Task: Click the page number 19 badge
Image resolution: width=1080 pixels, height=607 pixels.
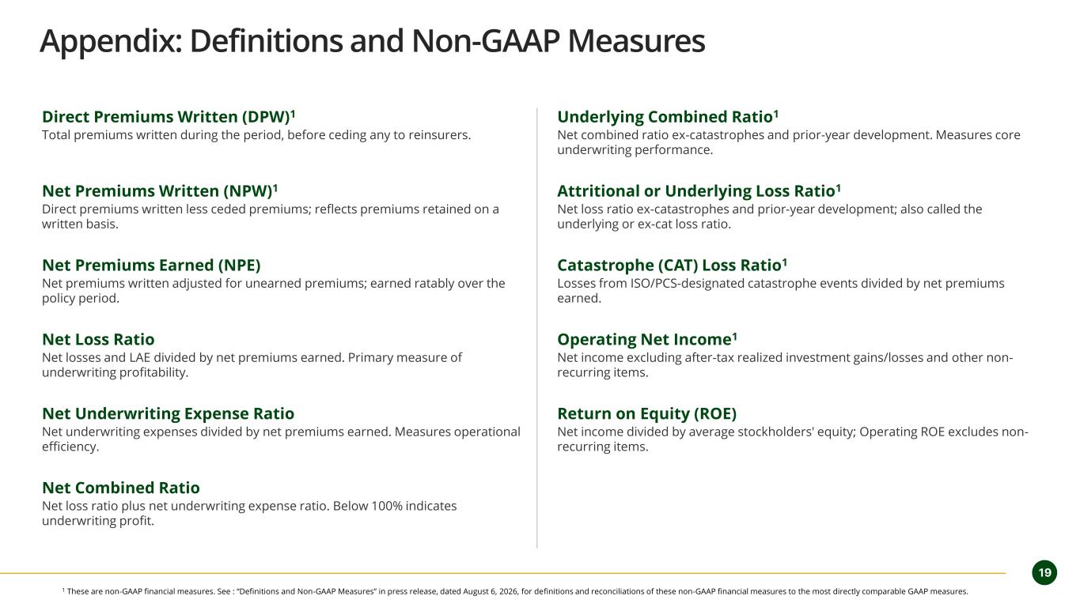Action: [x=1044, y=573]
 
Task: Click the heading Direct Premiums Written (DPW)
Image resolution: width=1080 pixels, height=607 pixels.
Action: [x=169, y=117]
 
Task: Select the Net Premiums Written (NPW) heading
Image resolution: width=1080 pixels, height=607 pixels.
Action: [x=160, y=191]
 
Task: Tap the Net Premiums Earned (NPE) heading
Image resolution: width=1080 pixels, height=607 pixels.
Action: [x=151, y=266]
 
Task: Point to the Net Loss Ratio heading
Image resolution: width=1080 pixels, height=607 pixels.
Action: [x=98, y=339]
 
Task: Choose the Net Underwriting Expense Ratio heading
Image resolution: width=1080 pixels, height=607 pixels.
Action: [x=168, y=414]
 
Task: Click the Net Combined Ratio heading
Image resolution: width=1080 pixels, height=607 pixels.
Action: [x=120, y=488]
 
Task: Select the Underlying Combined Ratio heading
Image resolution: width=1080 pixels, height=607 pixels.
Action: [x=668, y=117]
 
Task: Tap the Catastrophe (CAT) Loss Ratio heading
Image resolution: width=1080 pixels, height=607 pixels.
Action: [x=672, y=266]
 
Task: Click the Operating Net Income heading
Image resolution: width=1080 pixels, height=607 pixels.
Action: [x=647, y=340]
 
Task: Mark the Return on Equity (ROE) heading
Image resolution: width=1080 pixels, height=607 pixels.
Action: [x=646, y=414]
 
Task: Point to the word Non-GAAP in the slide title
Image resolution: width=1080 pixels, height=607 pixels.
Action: [x=486, y=41]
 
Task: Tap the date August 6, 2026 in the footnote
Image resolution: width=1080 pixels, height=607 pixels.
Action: [x=490, y=591]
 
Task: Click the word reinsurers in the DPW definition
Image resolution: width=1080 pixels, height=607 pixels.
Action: [x=439, y=135]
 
